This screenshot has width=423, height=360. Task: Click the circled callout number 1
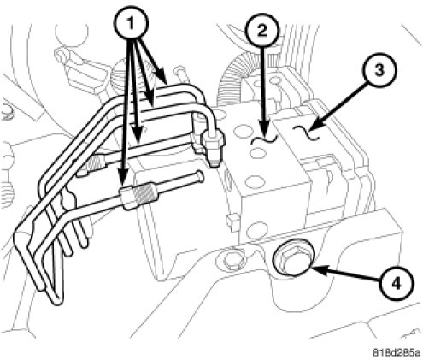click(131, 23)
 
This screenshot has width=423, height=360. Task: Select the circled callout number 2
click(262, 31)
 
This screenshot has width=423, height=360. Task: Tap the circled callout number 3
click(379, 70)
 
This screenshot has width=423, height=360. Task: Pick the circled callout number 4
click(396, 283)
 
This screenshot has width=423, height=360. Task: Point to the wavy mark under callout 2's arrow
click(264, 139)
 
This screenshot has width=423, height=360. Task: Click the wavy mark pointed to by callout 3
click(307, 133)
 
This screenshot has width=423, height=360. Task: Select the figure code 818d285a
click(397, 352)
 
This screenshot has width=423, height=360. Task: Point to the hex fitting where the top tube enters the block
click(213, 140)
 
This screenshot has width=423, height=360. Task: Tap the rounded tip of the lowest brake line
click(200, 175)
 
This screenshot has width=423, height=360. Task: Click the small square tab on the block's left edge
click(232, 220)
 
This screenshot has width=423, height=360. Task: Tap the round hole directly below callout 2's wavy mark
click(257, 154)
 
